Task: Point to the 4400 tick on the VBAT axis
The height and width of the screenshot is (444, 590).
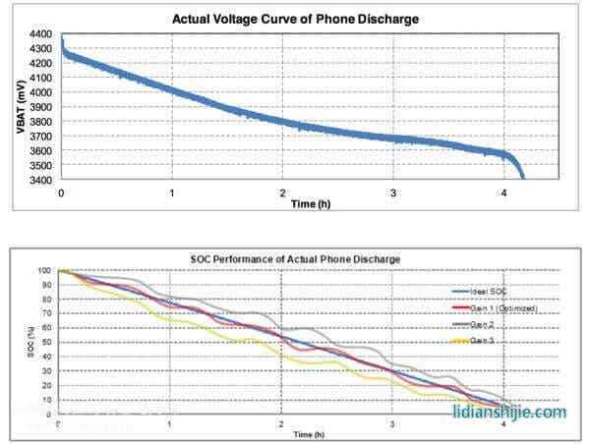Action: coord(41,33)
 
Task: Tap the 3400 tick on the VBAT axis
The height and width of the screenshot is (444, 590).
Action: coord(41,180)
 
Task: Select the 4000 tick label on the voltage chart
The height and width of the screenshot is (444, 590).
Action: coord(41,92)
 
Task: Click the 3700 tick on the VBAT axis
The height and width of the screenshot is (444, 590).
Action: coord(41,137)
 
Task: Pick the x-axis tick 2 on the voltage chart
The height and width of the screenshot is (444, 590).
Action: coord(283,192)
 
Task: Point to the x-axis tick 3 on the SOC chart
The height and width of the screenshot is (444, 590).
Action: coord(392,423)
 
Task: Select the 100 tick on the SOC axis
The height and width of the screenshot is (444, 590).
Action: coord(45,270)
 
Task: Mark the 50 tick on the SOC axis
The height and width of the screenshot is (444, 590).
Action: coord(46,342)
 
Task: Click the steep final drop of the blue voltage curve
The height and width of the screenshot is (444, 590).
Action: coord(518,166)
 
